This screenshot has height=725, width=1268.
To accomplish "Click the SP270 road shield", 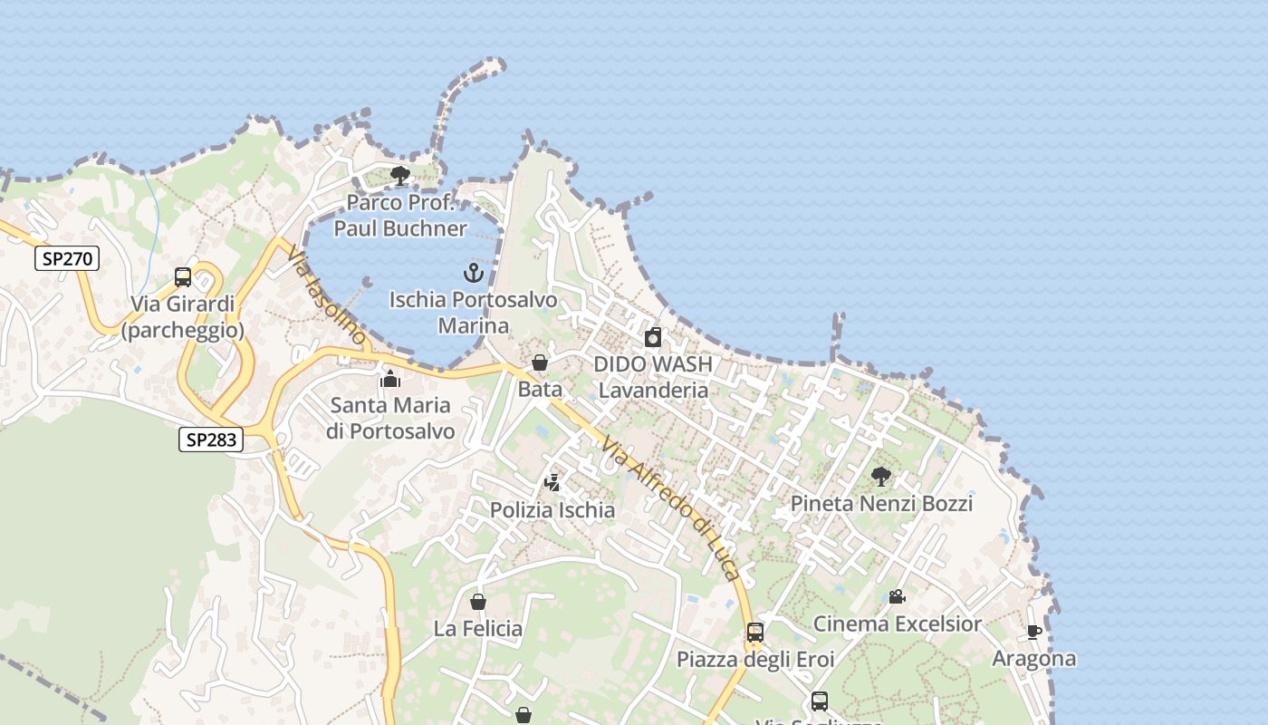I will click(x=67, y=258).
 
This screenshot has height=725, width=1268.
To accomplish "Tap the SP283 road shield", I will click(x=211, y=440).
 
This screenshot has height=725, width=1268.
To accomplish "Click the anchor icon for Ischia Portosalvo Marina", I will click(x=474, y=272).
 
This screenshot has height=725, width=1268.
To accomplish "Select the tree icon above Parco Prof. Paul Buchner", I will click(x=399, y=175).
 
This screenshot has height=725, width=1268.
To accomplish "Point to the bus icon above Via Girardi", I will click(x=183, y=277).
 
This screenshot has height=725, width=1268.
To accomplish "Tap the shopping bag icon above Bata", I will click(x=540, y=362).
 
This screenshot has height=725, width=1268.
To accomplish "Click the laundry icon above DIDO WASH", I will click(x=653, y=338).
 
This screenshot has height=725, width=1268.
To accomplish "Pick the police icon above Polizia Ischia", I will click(x=552, y=483).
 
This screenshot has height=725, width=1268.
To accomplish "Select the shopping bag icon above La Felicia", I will click(x=478, y=602).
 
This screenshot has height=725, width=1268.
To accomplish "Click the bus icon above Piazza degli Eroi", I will click(x=755, y=632).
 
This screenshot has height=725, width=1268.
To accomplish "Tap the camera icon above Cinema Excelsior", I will click(x=897, y=596).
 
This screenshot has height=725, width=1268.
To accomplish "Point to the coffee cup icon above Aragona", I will click(x=1034, y=632).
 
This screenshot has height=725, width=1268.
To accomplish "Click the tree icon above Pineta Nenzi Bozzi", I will click(x=881, y=476).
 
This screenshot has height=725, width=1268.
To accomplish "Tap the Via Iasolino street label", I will click(x=327, y=295).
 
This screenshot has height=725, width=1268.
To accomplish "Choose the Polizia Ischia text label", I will click(x=552, y=510).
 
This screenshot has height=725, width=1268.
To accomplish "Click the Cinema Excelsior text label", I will click(x=897, y=623).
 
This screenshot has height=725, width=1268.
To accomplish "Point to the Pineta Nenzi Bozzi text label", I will click(x=881, y=503).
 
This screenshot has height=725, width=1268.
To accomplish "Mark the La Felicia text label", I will click(x=478, y=628).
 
